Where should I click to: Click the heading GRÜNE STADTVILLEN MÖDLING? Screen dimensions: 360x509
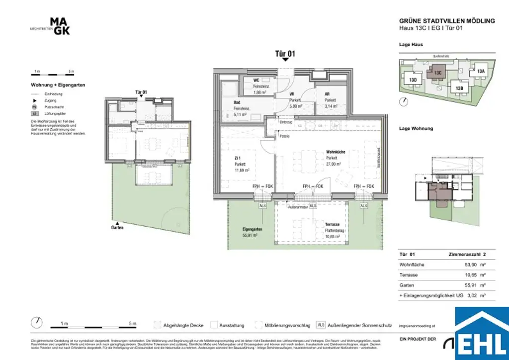tap(447, 21)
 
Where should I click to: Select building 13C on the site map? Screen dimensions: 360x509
tap(437, 73)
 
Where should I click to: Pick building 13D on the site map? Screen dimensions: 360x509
tap(413, 80)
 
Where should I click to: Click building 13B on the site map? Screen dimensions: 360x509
tap(459, 88)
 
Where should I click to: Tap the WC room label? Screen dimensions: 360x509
tap(256, 80)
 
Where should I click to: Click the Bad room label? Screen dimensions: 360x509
tap(237, 103)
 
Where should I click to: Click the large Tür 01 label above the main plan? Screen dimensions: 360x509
tap(285, 53)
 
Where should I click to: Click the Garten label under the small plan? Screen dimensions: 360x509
tap(117, 227)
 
